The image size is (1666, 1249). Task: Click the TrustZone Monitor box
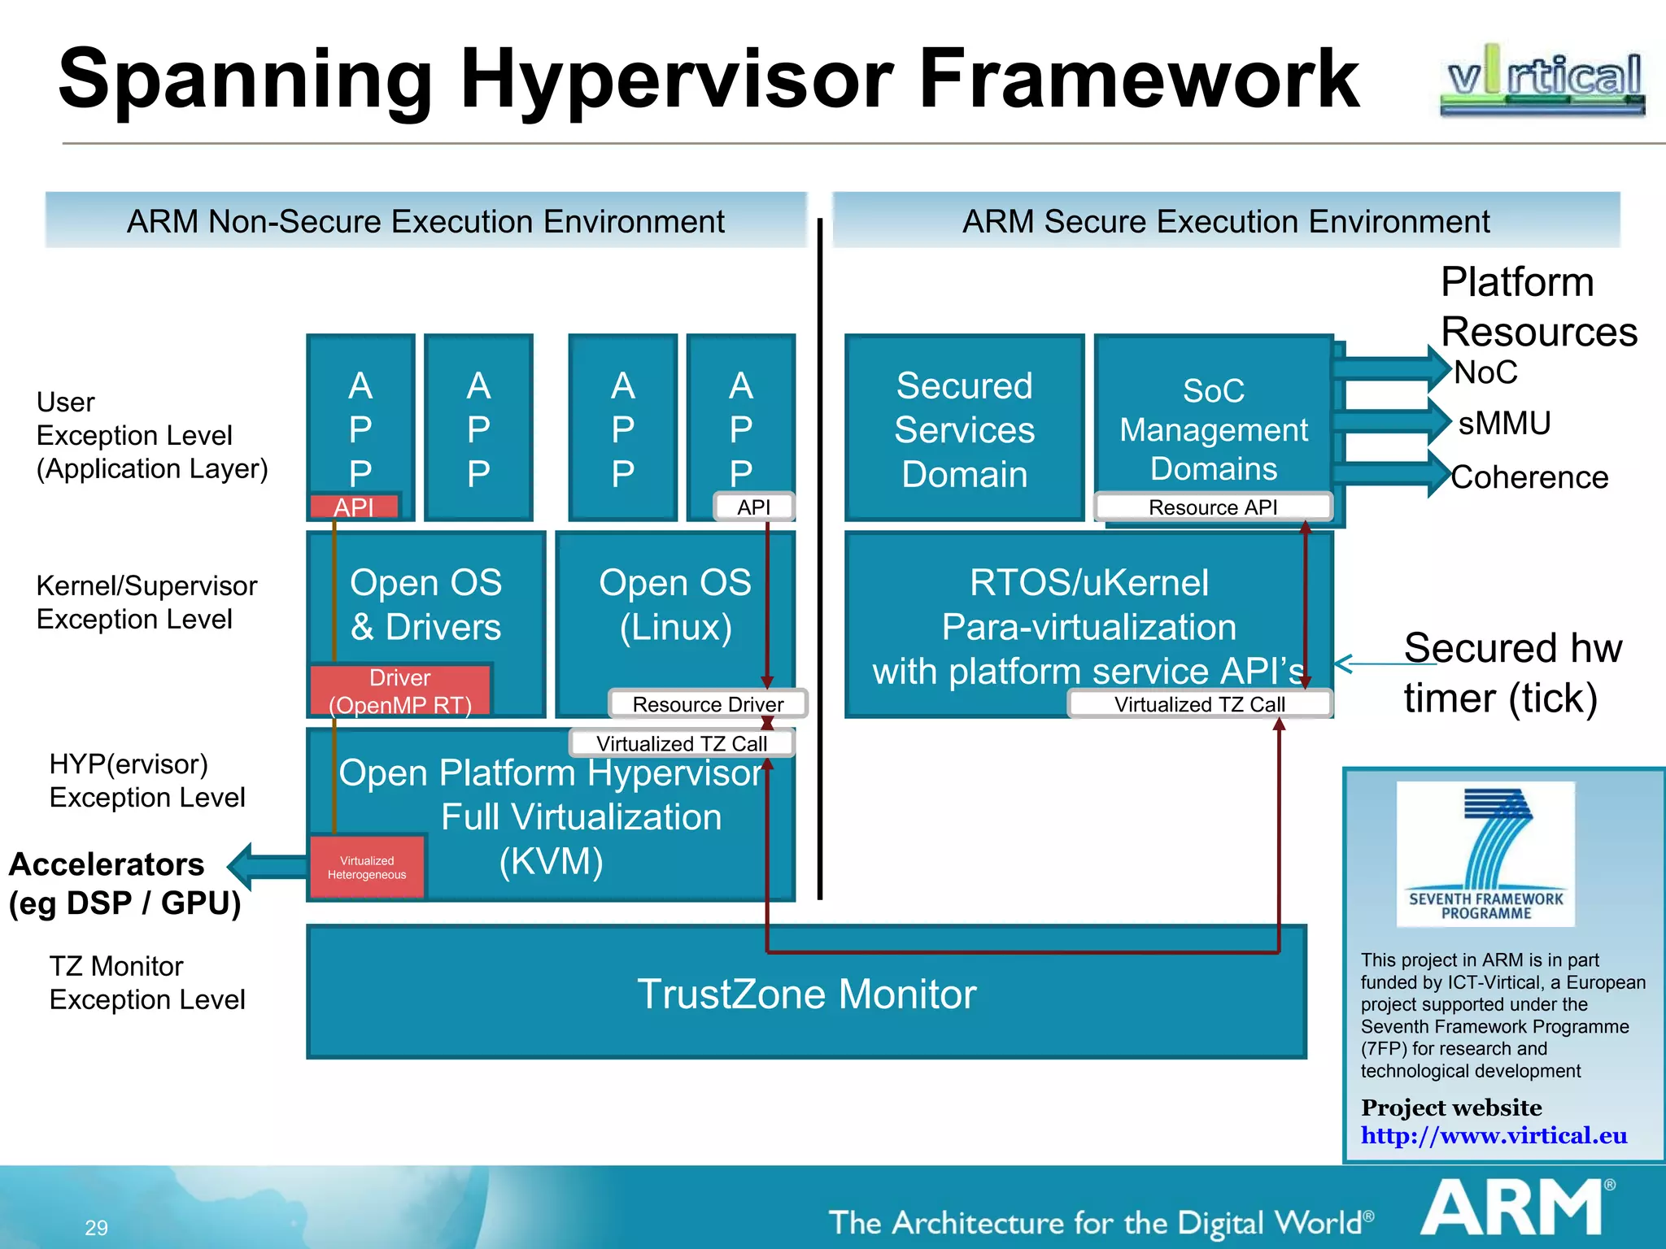805,994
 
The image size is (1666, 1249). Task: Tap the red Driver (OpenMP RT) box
400,690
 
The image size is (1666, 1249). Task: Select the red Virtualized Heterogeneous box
367,868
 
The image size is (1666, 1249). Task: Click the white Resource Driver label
708,704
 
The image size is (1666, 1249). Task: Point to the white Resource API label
1212,507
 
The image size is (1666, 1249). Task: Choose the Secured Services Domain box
964,429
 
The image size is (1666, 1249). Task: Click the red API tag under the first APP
354,507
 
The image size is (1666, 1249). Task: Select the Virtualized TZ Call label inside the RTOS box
1199,704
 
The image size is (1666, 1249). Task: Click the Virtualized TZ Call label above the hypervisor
681,743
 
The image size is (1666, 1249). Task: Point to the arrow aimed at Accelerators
264,866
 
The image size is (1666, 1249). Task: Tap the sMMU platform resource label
1504,424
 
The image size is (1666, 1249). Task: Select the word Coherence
1529,477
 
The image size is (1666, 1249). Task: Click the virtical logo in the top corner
1542,80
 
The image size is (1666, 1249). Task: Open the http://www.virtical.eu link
1494,1135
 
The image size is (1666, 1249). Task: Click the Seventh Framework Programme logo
1485,854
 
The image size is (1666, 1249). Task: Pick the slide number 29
96,1227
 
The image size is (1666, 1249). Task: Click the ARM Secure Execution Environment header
1226,221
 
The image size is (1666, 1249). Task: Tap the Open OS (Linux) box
675,606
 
